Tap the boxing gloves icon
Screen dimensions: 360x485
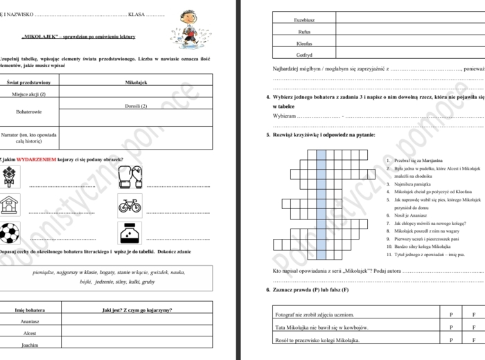(x=130, y=177)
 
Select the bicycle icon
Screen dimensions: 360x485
(x=130, y=206)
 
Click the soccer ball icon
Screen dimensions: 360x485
(x=10, y=233)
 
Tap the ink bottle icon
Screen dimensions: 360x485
(x=130, y=233)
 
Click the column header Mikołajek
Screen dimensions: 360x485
(x=136, y=82)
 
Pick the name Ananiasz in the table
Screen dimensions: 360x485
(x=29, y=322)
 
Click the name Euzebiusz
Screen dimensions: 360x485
(x=304, y=20)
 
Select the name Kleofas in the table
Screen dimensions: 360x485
(x=304, y=43)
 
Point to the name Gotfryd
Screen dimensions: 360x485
(x=304, y=55)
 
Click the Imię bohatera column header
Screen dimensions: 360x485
(x=29, y=309)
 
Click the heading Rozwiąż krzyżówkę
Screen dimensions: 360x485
(x=326, y=135)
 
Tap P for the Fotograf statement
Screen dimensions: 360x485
(x=451, y=315)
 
